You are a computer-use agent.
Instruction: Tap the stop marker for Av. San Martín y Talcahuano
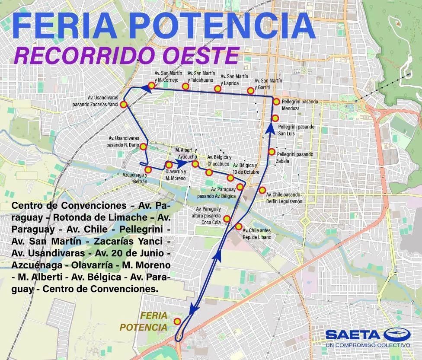pos(185,86)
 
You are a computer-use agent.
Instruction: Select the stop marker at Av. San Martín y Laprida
pos(218,89)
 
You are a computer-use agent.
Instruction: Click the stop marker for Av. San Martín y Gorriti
pos(250,90)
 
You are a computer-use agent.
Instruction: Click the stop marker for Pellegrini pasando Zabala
pos(272,152)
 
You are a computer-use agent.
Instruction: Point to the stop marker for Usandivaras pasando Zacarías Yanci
pos(124,105)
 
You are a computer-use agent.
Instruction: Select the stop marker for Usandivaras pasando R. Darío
pos(144,147)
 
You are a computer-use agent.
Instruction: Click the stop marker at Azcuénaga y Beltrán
pos(148,169)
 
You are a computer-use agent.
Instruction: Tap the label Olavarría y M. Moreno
pos(176,175)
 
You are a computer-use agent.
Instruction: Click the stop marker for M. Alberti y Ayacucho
pos(195,164)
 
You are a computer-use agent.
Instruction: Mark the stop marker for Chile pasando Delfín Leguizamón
pos(262,190)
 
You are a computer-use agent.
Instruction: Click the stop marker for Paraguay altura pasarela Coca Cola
pos(227,218)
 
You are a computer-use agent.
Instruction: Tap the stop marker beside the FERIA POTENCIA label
pos(177,321)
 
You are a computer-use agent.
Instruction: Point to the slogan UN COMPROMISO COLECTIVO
pos(368,345)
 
